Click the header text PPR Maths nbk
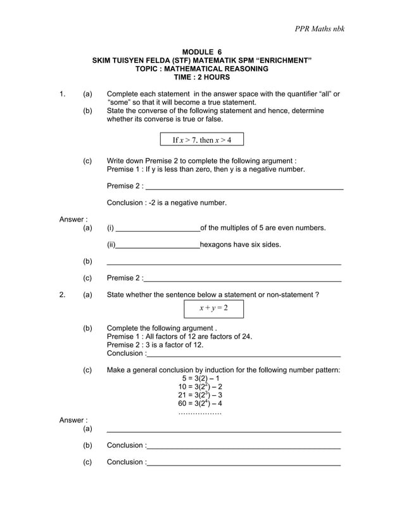[320, 29]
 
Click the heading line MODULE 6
[202, 52]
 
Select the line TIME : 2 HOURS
[202, 77]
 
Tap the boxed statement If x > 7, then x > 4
[202, 140]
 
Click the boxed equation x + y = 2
[213, 308]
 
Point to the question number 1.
[62, 94]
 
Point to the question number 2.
[62, 294]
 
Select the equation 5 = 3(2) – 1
[201, 378]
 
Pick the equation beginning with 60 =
[201, 403]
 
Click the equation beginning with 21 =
[201, 395]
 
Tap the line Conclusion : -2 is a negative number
[167, 203]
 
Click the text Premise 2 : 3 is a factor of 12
[155, 344]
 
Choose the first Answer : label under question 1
[73, 219]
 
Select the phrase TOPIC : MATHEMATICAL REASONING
[202, 69]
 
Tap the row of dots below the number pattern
[200, 412]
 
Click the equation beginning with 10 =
[201, 386]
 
